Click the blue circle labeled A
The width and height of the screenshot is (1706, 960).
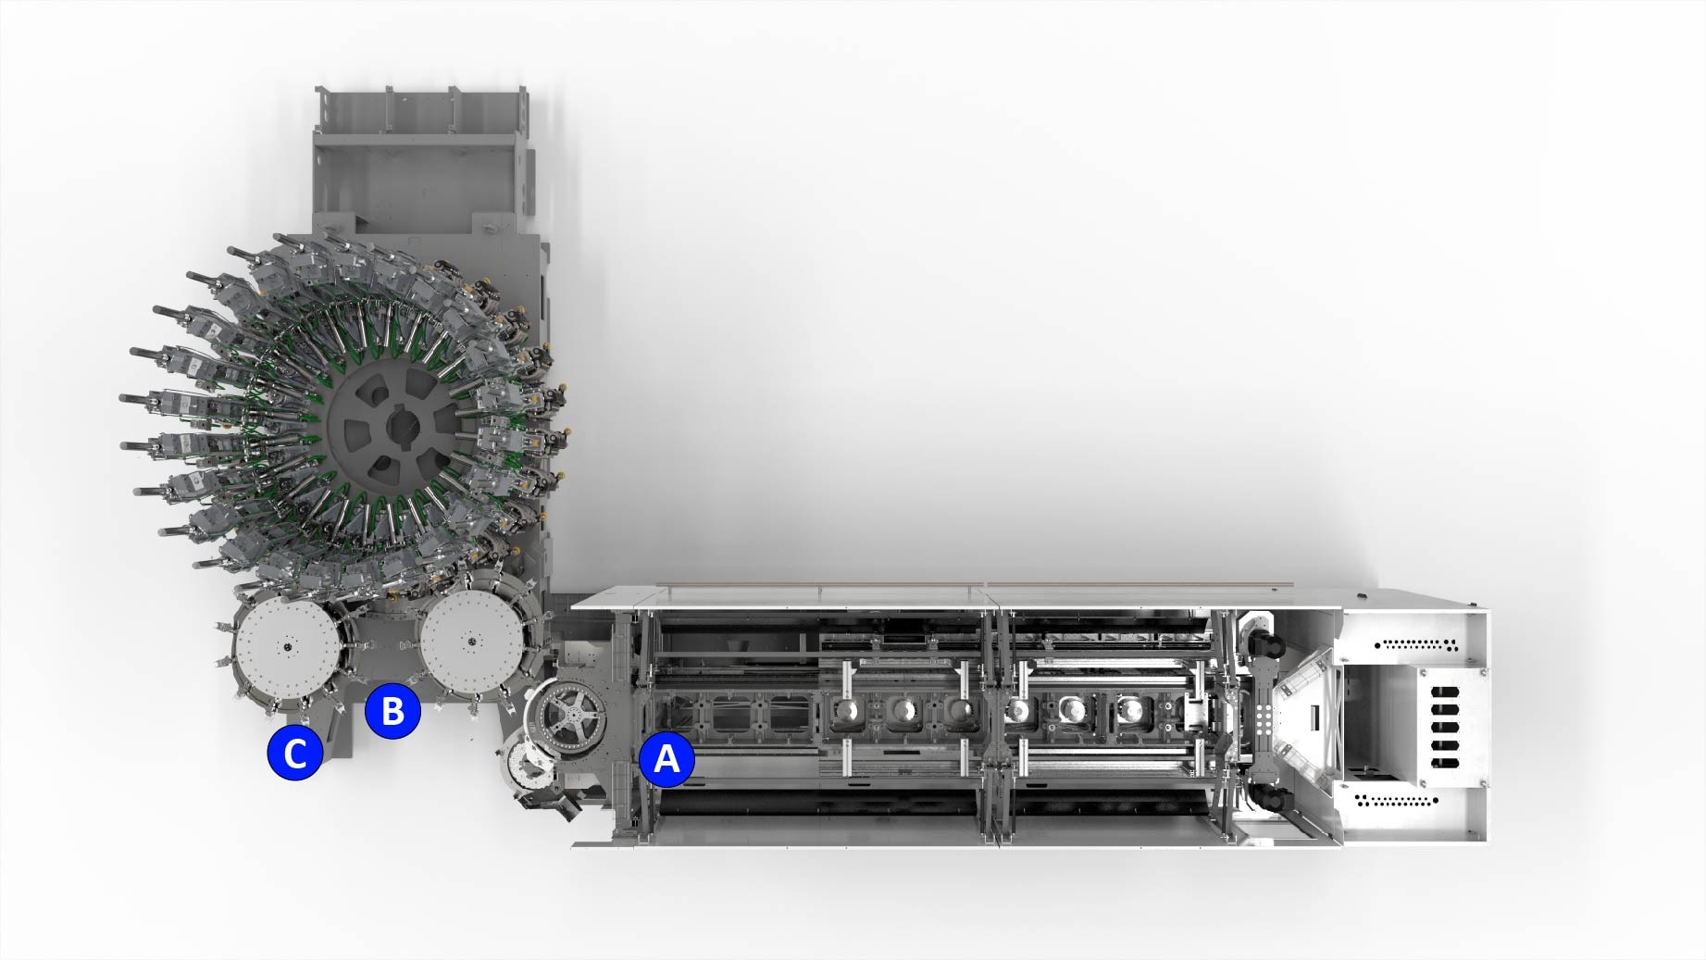coord(666,760)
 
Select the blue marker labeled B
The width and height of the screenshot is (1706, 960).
coord(392,711)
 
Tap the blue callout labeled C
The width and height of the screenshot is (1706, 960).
coord(295,754)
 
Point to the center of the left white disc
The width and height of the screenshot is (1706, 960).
coord(288,647)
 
